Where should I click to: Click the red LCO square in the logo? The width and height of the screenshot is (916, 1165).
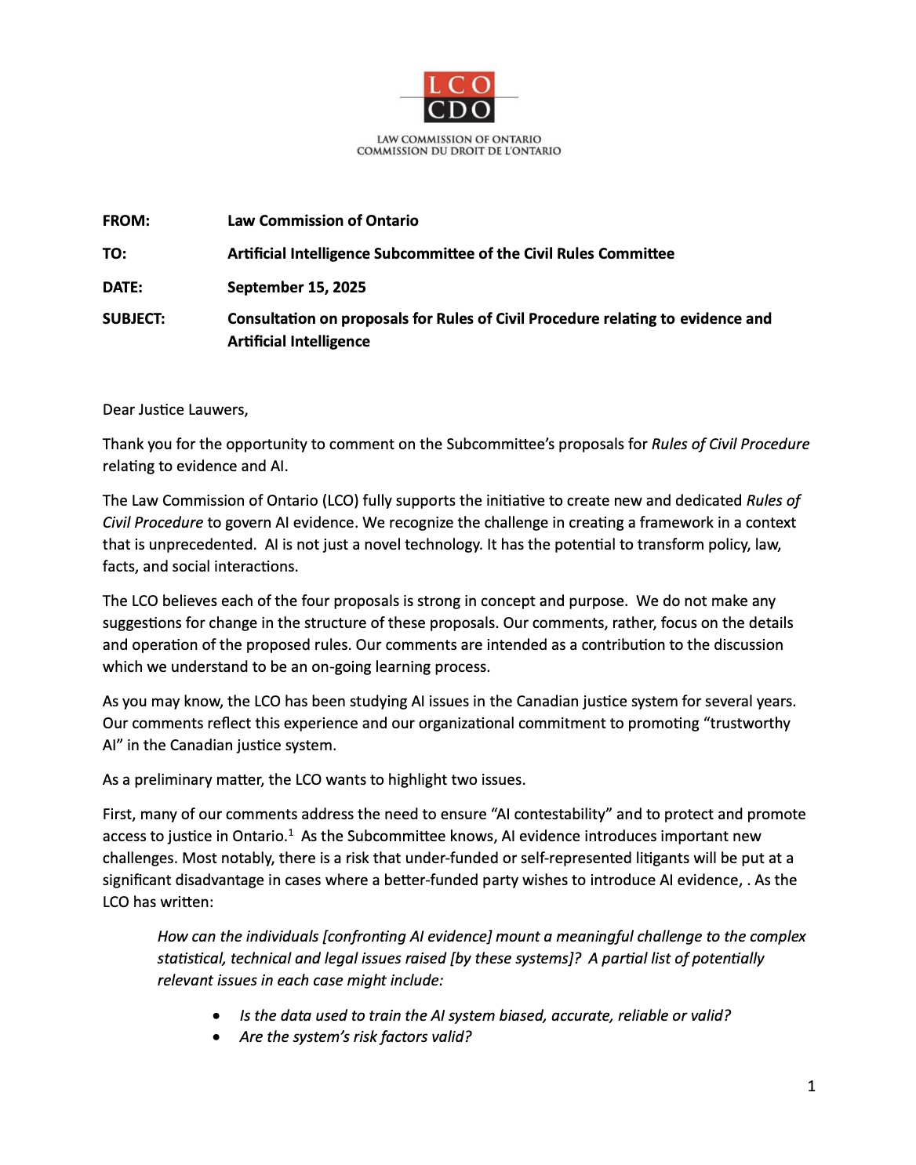(x=459, y=85)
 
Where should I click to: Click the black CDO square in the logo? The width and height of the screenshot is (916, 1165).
(x=459, y=110)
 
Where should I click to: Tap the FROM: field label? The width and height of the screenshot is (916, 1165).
(x=125, y=220)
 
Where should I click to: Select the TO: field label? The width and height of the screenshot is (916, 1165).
(x=114, y=253)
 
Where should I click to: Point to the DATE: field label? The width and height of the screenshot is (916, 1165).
(x=122, y=287)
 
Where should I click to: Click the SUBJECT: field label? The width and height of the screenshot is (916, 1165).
(x=133, y=318)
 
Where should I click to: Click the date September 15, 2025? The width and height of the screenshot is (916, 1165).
(x=296, y=287)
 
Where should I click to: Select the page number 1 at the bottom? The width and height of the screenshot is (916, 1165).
(x=811, y=1086)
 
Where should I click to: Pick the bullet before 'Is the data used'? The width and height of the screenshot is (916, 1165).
(x=216, y=1016)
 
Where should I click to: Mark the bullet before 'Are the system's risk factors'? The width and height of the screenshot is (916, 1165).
(x=216, y=1037)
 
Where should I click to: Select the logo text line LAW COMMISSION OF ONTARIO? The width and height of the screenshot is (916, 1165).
(x=459, y=140)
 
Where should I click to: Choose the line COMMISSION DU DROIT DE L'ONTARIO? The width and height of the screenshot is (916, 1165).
(x=459, y=151)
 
